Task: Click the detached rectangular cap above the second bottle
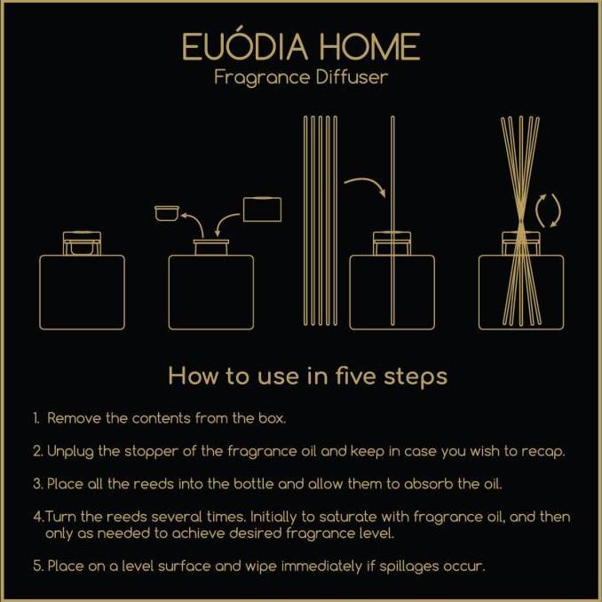click(x=261, y=209)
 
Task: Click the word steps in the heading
click(x=416, y=376)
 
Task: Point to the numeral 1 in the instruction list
click(x=36, y=417)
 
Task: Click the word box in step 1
click(x=296, y=417)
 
